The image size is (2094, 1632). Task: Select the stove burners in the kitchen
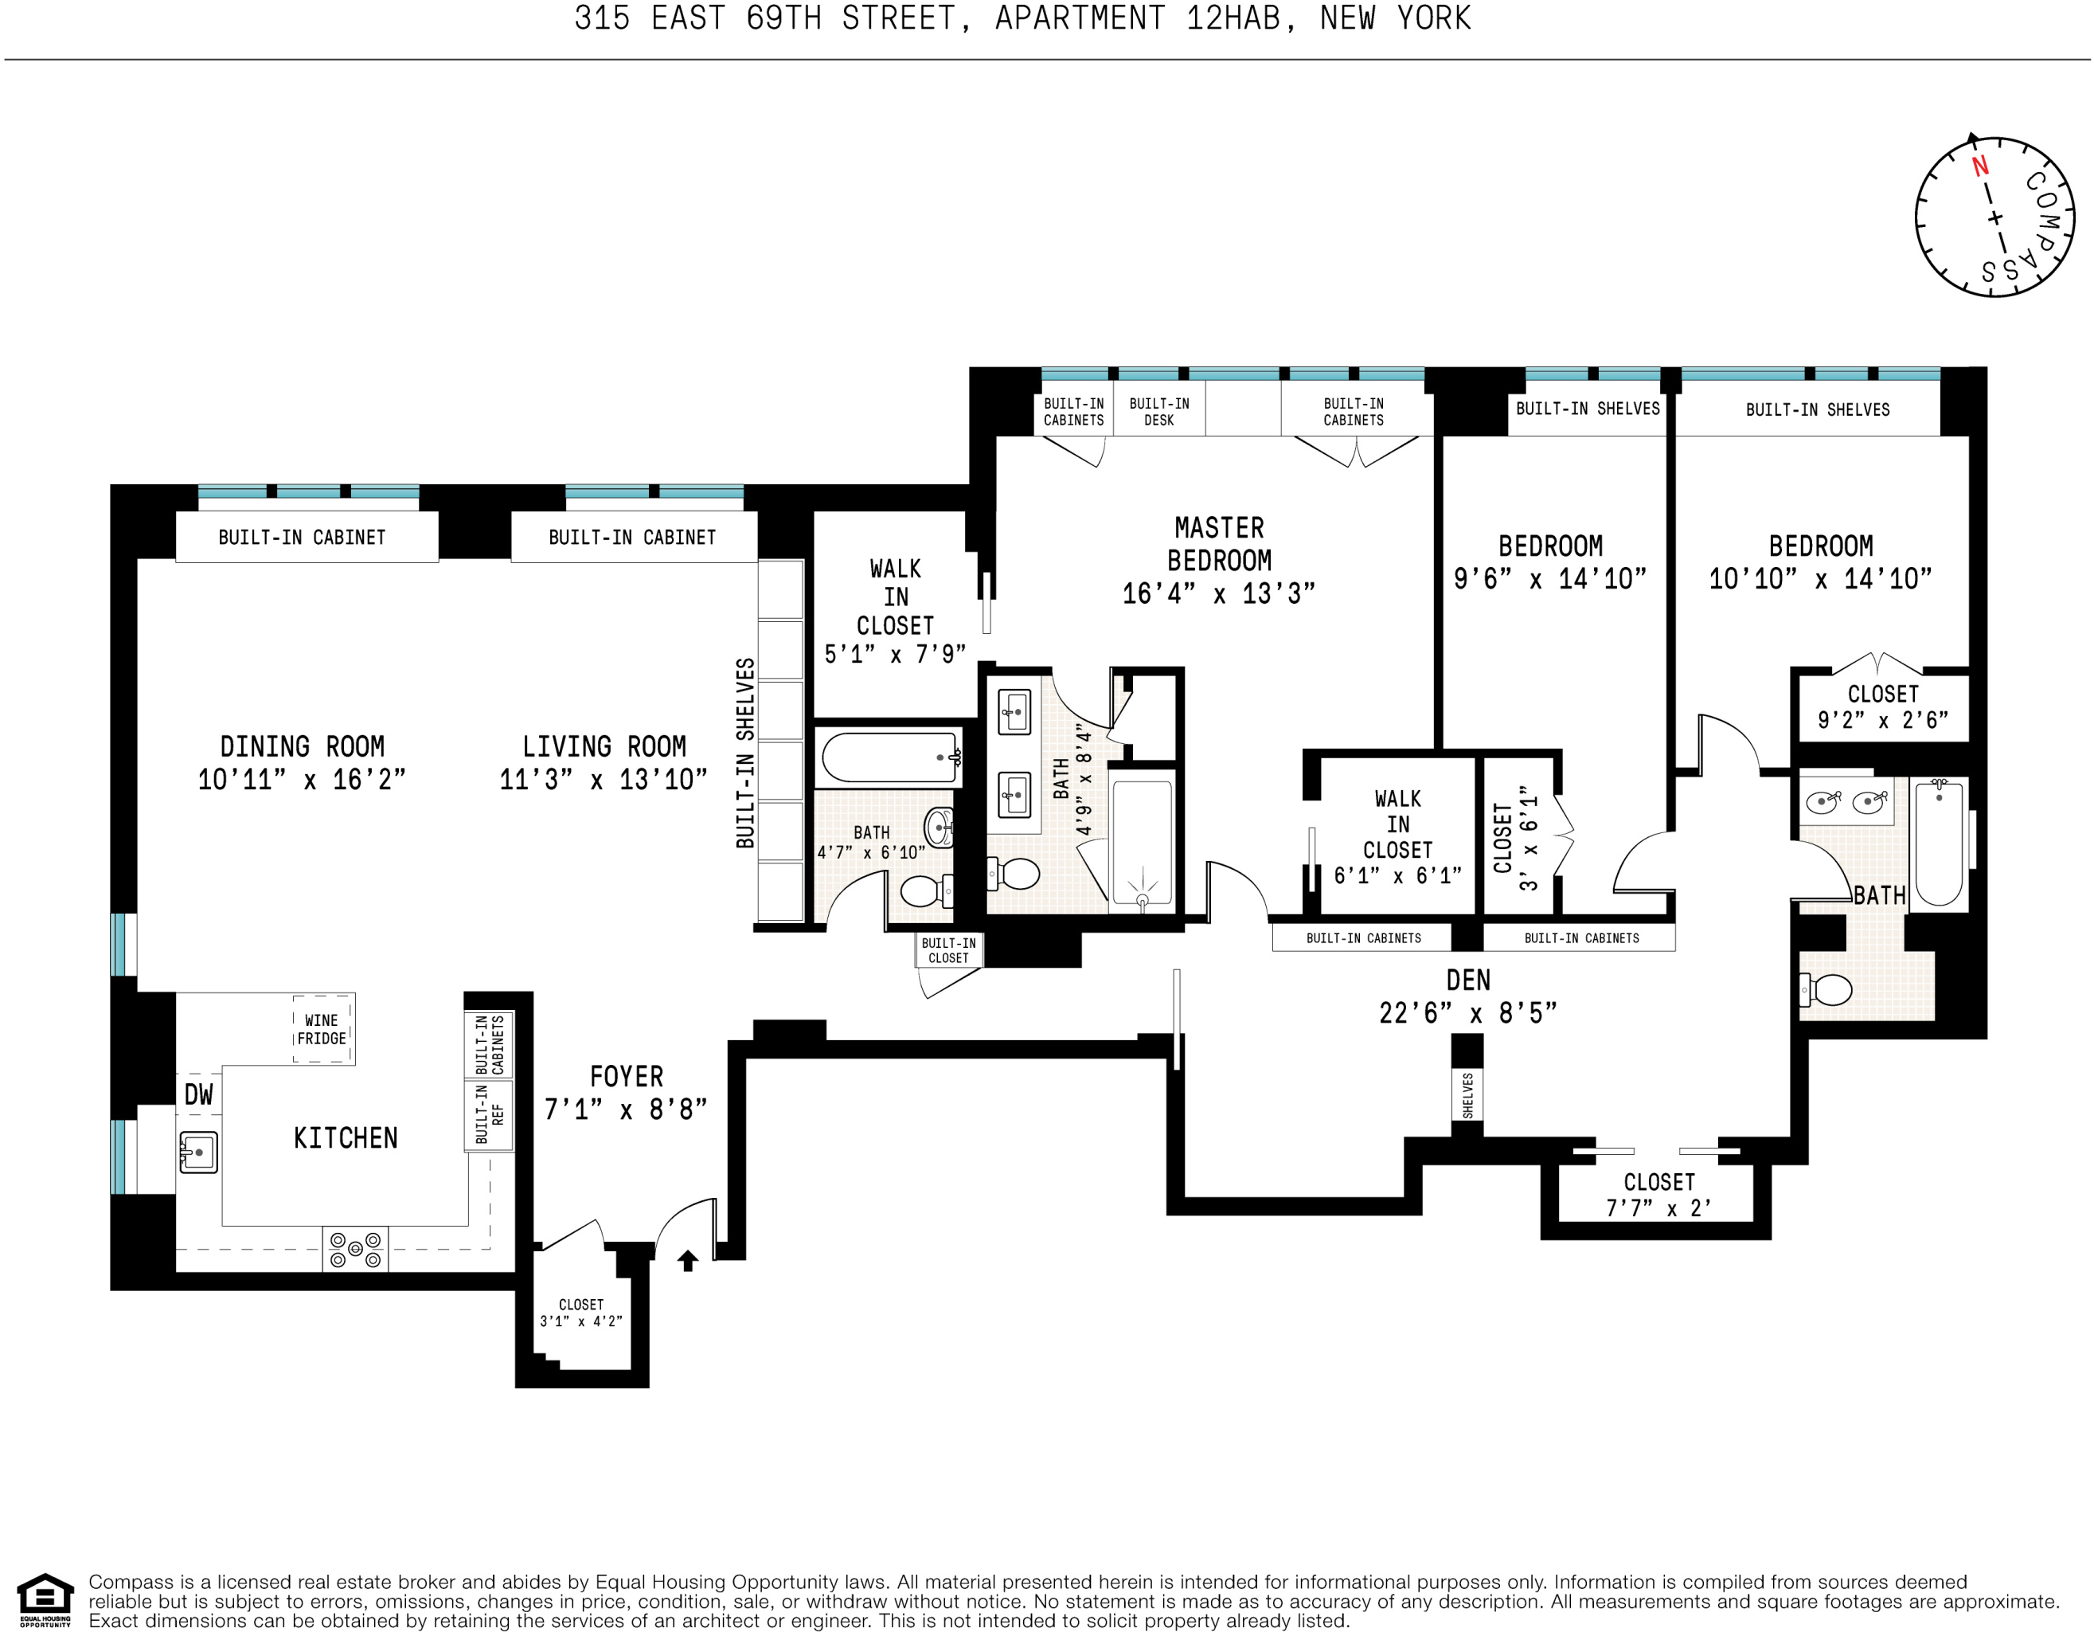pyautogui.click(x=355, y=1248)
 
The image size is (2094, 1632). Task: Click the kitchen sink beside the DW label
pyautogui.click(x=198, y=1152)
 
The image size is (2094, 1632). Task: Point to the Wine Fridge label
pyautogui.click(x=321, y=1029)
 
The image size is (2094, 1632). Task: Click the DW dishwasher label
pyautogui.click(x=198, y=1094)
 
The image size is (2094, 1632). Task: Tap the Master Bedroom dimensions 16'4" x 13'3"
pyautogui.click(x=1219, y=593)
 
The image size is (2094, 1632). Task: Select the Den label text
pyautogui.click(x=1468, y=980)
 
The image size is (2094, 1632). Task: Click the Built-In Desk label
pyautogui.click(x=1159, y=411)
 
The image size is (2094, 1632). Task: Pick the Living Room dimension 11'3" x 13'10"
pyautogui.click(x=603, y=779)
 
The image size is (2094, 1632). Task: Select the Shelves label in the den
pyautogui.click(x=1467, y=1095)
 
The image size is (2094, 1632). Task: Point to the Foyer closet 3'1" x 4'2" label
pyautogui.click(x=581, y=1313)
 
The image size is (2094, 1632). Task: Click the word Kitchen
pyautogui.click(x=346, y=1138)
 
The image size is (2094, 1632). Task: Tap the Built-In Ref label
pyautogui.click(x=489, y=1114)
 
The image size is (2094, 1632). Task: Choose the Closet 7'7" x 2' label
pyautogui.click(x=1658, y=1195)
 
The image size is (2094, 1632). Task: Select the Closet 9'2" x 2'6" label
pyautogui.click(x=1882, y=706)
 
